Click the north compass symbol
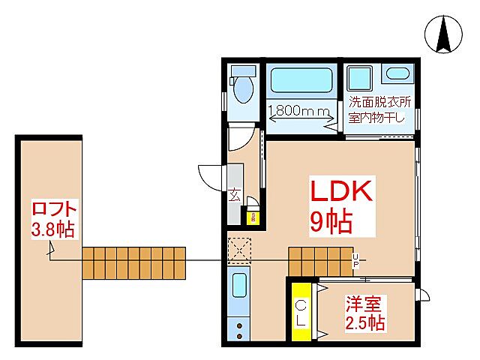(443, 34)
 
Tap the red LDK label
(342, 193)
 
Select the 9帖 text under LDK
(331, 222)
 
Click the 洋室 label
(363, 304)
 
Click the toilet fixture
(241, 85)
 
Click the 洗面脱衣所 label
(379, 101)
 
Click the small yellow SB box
(254, 218)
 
